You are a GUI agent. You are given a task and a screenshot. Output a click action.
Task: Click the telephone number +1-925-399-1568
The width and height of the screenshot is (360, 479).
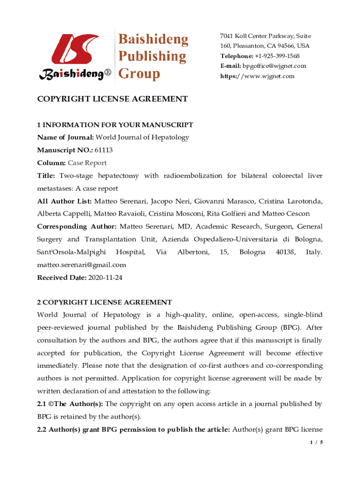click(276, 56)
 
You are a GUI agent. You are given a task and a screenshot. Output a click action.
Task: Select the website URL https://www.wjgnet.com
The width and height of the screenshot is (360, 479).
click(258, 76)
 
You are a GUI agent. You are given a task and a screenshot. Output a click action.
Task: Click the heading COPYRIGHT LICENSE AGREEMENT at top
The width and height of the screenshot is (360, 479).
click(112, 99)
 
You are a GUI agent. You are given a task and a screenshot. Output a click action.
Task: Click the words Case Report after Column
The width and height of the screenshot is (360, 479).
click(87, 163)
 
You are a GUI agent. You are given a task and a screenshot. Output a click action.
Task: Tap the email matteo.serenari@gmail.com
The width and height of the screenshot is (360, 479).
click(81, 265)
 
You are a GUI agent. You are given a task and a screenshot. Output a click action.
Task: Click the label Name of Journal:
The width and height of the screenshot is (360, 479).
click(65, 138)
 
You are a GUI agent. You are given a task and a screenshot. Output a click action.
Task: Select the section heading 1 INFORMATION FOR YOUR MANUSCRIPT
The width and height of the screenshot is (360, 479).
click(115, 125)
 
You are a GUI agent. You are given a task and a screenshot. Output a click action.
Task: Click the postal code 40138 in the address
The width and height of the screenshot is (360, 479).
click(285, 252)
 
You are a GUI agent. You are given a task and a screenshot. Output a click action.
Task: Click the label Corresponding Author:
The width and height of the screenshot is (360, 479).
click(77, 226)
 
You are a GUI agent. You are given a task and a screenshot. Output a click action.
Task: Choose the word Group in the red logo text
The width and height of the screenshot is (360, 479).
click(139, 73)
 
